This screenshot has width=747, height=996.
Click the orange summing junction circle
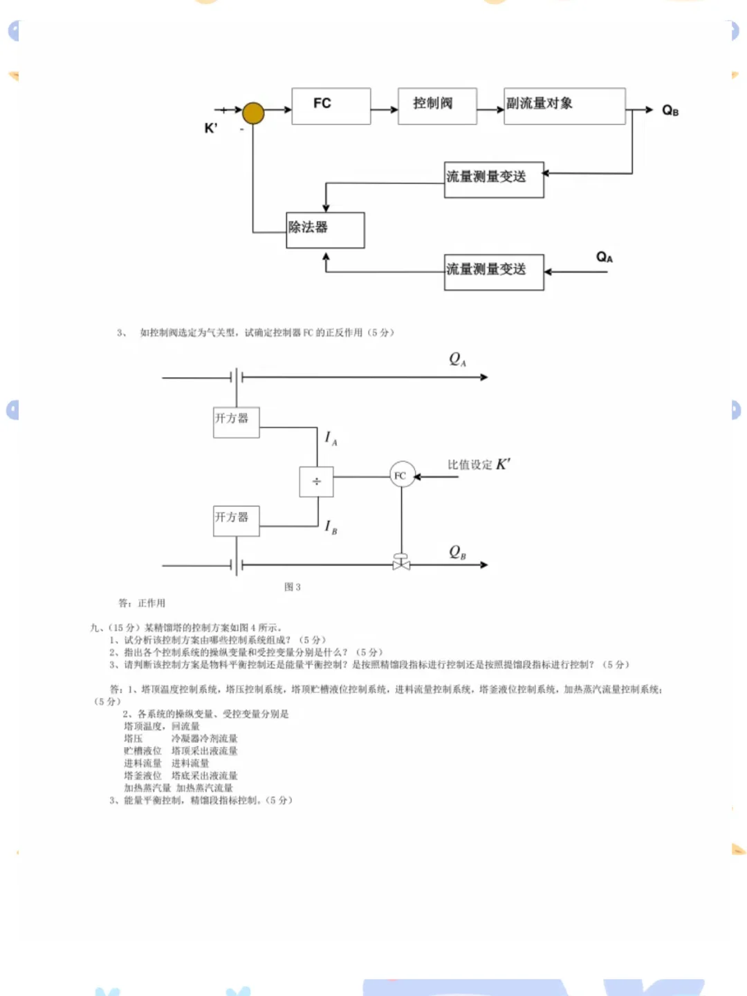coord(253,113)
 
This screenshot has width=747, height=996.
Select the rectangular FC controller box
coord(331,106)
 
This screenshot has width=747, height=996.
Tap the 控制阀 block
coord(437,106)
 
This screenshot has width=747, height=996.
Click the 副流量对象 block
coord(564,106)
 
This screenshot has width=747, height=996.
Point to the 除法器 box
coord(325,230)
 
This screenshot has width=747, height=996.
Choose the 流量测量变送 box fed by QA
coord(494,272)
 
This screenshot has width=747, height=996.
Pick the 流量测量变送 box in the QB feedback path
coord(494,180)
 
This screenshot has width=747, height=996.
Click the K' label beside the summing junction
coord(211,129)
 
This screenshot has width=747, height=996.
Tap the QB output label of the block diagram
coord(670,111)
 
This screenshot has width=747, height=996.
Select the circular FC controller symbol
coord(401,475)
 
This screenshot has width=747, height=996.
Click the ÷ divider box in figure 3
coord(316,481)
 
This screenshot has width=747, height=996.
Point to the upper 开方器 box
coord(236,422)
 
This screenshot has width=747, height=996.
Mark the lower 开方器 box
coord(236,520)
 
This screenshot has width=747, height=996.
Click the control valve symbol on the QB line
coord(401,563)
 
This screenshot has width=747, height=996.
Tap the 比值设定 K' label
coord(479,465)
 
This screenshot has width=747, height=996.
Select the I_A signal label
coord(331,439)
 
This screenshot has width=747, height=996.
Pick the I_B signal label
coord(331,527)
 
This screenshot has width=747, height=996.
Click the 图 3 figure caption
coord(293,587)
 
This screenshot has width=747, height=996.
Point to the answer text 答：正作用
coord(142,603)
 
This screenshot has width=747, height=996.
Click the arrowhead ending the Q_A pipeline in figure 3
coord(484,377)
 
